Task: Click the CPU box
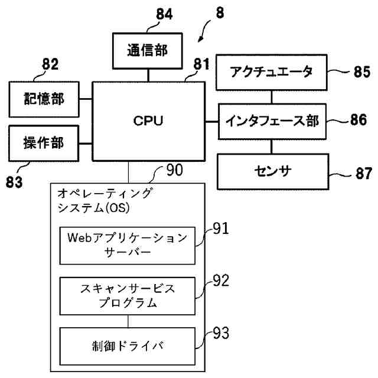148,121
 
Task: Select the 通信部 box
147,51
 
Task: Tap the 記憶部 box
44,99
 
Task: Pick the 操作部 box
44,143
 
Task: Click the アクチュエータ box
272,72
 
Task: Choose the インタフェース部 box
272,122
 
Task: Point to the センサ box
273,172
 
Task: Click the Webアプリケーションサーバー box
128,246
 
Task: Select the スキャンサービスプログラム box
128,296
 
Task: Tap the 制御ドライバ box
128,346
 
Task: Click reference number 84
164,14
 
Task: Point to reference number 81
201,64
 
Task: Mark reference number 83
14,182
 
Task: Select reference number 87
364,173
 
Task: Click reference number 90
175,170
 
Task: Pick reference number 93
221,333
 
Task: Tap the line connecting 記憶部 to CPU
86,99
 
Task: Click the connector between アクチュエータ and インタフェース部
272,97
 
